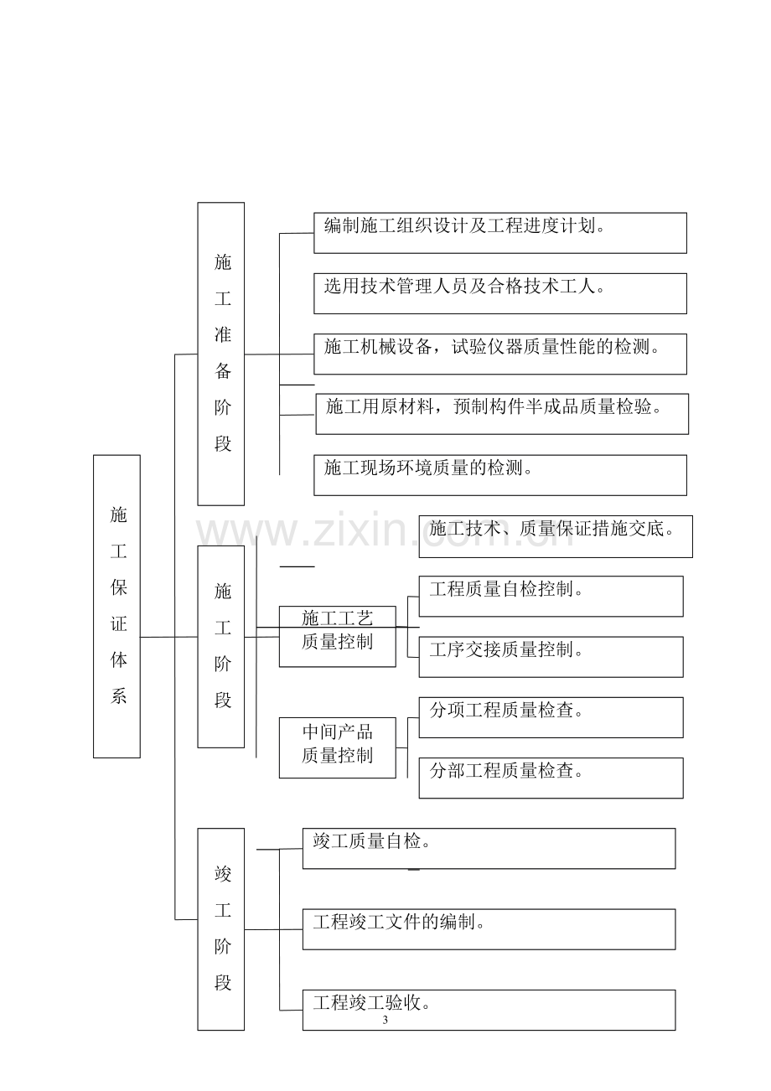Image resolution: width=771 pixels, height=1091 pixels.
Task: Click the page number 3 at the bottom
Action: [x=385, y=1021]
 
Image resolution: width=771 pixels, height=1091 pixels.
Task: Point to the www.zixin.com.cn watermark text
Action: [x=380, y=532]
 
